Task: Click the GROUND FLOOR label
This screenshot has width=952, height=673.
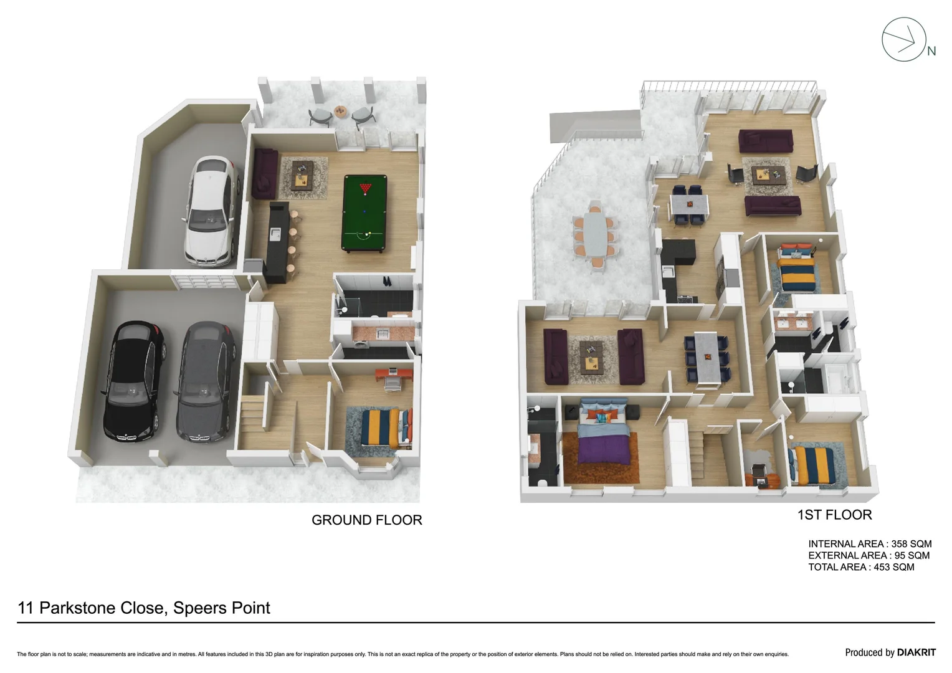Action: click(366, 520)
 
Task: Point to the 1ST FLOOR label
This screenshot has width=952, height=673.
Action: click(834, 515)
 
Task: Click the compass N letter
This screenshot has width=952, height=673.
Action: click(931, 52)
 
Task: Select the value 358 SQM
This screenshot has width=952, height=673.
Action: click(911, 543)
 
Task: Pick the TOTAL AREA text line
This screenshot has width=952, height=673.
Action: click(861, 567)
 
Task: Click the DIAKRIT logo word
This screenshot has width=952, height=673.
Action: click(916, 652)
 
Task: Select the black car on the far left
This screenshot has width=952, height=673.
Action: click(135, 379)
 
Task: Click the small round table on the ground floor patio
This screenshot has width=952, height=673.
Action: click(340, 112)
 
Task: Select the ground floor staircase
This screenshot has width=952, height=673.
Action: click(255, 418)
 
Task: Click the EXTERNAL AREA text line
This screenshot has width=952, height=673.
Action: click(869, 555)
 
